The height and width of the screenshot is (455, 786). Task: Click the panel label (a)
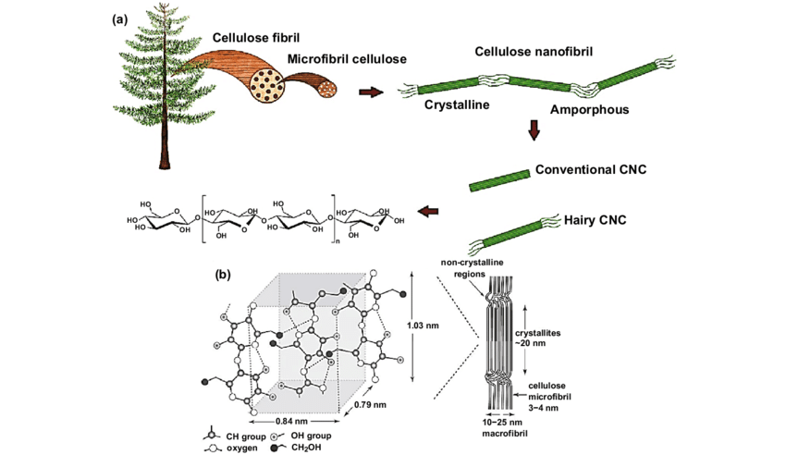(120, 19)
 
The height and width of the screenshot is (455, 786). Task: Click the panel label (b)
(223, 274)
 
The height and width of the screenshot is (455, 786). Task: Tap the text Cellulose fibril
(256, 38)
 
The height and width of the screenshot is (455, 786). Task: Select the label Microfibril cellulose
(347, 59)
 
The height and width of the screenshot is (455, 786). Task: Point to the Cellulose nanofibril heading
(534, 52)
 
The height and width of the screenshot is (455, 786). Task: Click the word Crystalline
(457, 105)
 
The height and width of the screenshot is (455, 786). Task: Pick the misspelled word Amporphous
(590, 109)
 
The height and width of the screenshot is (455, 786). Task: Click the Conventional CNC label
(591, 169)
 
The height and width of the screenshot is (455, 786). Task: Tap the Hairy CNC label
(595, 220)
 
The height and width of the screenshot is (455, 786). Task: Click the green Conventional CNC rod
(499, 180)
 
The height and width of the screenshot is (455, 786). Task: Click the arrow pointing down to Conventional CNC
(534, 130)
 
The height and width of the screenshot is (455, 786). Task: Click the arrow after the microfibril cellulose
(371, 92)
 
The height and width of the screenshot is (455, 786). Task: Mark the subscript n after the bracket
(337, 241)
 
